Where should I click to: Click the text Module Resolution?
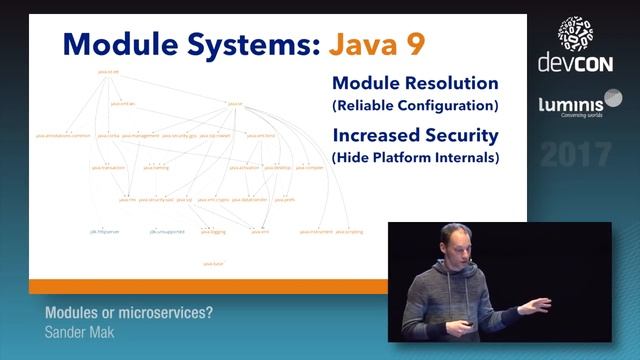pyautogui.click(x=414, y=83)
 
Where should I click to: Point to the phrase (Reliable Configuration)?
pyautogui.click(x=414, y=105)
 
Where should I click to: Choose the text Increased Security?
pyautogui.click(x=414, y=135)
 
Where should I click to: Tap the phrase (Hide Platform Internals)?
pyautogui.click(x=414, y=158)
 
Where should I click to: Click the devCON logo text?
pyautogui.click(x=574, y=64)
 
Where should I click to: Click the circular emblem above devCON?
pyautogui.click(x=575, y=32)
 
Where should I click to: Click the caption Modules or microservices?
pyautogui.click(x=129, y=312)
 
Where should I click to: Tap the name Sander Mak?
pyautogui.click(x=79, y=331)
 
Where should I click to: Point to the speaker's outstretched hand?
pyautogui.click(x=540, y=303)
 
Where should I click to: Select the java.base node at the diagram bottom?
pyautogui.click(x=212, y=262)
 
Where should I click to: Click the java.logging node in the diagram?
pyautogui.click(x=213, y=231)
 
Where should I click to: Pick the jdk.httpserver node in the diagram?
pyautogui.click(x=104, y=231)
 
